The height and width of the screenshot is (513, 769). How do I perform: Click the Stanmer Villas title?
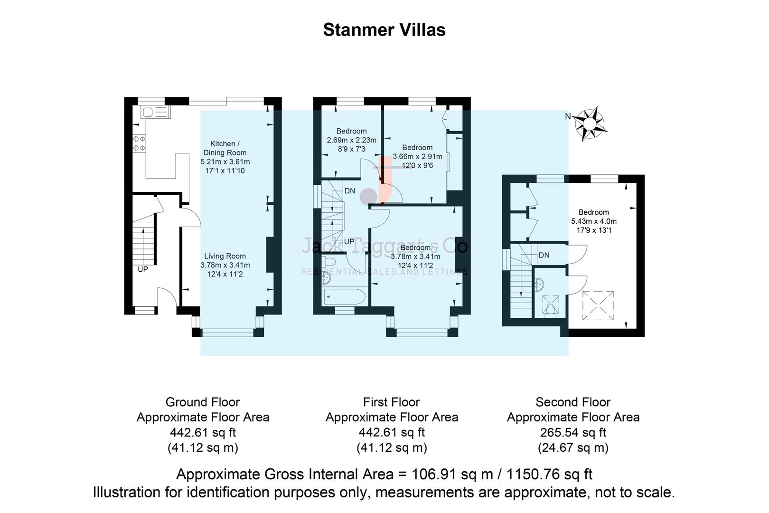[x=384, y=30]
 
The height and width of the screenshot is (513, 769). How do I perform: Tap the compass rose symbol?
[x=590, y=123]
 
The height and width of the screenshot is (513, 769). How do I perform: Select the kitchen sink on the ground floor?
[x=155, y=113]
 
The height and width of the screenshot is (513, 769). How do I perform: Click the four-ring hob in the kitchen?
[x=139, y=143]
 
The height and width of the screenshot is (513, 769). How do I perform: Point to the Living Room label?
[x=225, y=256]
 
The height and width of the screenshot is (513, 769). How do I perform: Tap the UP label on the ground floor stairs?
[x=143, y=269]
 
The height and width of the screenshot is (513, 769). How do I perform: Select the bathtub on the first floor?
[x=345, y=297]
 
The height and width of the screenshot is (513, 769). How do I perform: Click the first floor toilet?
[x=328, y=262]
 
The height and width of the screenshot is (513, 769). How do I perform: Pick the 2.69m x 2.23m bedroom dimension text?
[x=351, y=140]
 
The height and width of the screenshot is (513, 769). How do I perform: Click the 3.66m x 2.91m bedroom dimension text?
[x=417, y=157]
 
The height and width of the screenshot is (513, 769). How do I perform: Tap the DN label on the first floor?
[x=350, y=191]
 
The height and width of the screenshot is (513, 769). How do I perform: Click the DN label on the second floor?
[x=544, y=255]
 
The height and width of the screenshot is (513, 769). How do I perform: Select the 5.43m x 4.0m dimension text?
[x=593, y=221]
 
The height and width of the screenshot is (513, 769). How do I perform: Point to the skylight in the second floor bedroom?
[x=598, y=306]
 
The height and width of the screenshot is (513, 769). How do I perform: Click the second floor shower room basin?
[x=540, y=284]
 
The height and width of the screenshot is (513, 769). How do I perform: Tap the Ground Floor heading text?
[x=203, y=402]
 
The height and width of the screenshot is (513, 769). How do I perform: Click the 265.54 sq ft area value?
[x=572, y=433]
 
